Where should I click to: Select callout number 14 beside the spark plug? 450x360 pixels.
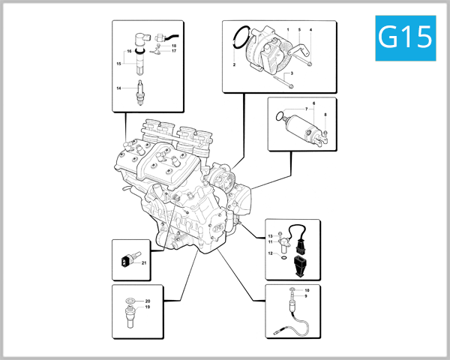click(x=118, y=88)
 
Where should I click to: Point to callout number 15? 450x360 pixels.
click(x=118, y=64)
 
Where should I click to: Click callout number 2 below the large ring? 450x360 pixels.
click(x=234, y=66)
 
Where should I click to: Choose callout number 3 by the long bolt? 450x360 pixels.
click(x=291, y=73)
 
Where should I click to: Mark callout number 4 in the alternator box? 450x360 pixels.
click(x=310, y=30)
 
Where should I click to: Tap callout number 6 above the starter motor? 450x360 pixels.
click(x=313, y=102)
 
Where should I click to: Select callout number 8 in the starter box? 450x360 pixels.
click(x=325, y=115)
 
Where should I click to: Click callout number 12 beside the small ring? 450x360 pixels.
click(x=271, y=253)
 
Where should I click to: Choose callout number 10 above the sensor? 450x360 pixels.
click(x=306, y=289)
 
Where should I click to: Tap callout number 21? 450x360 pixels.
click(x=143, y=262)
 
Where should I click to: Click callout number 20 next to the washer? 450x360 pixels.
click(x=148, y=301)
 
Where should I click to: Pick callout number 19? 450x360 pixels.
click(x=148, y=307)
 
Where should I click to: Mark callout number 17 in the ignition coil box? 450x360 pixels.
click(x=173, y=51)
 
